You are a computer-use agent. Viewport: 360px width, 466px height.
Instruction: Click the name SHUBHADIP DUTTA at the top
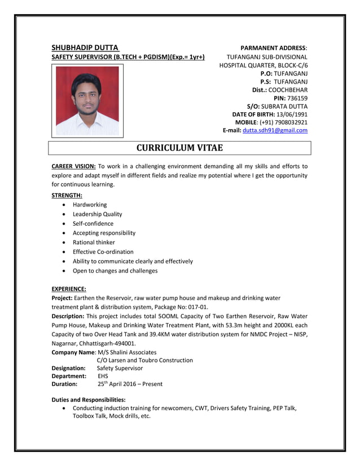click(85, 47)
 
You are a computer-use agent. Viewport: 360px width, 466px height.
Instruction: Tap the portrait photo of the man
click(87, 101)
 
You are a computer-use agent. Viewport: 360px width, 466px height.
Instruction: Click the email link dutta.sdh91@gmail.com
click(275, 130)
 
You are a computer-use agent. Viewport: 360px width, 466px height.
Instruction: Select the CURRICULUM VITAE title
click(180, 148)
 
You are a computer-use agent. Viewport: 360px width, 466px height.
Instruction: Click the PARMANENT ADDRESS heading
click(273, 48)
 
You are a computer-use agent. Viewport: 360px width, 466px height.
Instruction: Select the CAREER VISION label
click(73, 166)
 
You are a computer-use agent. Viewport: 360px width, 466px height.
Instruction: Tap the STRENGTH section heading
click(67, 195)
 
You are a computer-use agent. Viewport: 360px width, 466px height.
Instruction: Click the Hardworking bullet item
click(90, 205)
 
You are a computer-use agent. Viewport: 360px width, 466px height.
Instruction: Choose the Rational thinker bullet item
click(94, 243)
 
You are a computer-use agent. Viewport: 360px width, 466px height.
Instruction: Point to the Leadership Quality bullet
click(97, 214)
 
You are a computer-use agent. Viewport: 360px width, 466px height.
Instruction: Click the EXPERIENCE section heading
click(69, 289)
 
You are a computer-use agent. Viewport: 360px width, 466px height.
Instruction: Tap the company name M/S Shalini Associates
click(127, 352)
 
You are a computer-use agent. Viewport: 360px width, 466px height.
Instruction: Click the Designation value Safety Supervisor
click(120, 368)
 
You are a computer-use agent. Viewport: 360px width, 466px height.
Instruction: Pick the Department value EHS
click(103, 376)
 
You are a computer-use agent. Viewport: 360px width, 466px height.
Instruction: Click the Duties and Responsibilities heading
click(89, 399)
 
